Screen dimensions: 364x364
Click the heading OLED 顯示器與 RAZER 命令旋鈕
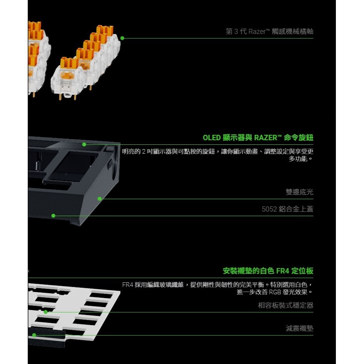(258, 138)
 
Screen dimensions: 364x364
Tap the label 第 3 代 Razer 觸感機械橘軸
(269, 31)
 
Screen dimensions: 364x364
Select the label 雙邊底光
(299, 192)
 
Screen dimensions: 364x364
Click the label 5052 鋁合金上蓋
(287, 209)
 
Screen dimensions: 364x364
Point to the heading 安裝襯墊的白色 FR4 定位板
(268, 271)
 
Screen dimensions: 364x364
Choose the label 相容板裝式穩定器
(285, 305)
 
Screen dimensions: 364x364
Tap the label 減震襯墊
(299, 329)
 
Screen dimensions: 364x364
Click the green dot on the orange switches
(122, 38)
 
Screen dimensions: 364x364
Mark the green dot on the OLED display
(84, 144)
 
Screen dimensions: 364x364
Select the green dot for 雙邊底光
(99, 199)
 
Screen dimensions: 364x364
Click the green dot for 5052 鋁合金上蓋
(53, 216)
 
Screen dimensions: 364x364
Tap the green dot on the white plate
(45, 312)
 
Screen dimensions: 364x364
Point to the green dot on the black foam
(34, 335)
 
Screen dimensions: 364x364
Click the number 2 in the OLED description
(143, 150)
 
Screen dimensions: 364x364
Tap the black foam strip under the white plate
(46, 339)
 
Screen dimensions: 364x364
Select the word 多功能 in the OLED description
(298, 158)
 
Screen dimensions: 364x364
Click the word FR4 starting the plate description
(127, 285)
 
